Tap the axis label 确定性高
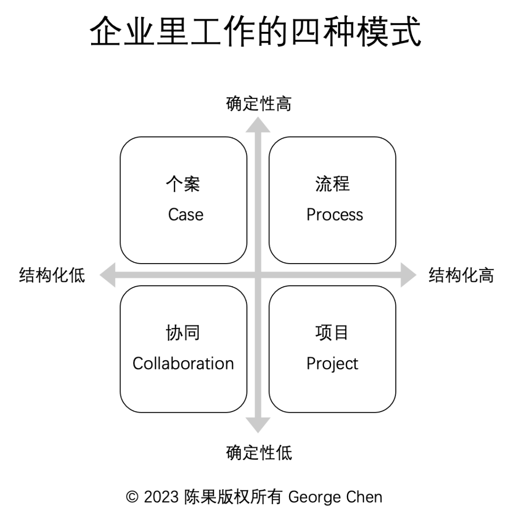pos(259,103)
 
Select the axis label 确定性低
pos(259,452)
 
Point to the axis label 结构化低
pos(52,275)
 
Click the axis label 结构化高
pos(461,275)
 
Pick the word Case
pos(186,215)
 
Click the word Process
pos(335,215)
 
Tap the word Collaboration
pos(183,364)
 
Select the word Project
pos(332,364)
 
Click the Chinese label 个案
pos(183,184)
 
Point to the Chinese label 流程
pos(332,184)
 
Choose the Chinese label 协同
pos(183,333)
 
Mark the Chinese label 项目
pos(332,333)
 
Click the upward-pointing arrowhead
pos(258,125)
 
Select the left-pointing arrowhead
pos(108,275)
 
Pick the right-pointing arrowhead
pos(409,275)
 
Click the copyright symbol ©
pos(132,497)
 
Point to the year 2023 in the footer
pos(161,497)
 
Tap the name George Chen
pos(336,497)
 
